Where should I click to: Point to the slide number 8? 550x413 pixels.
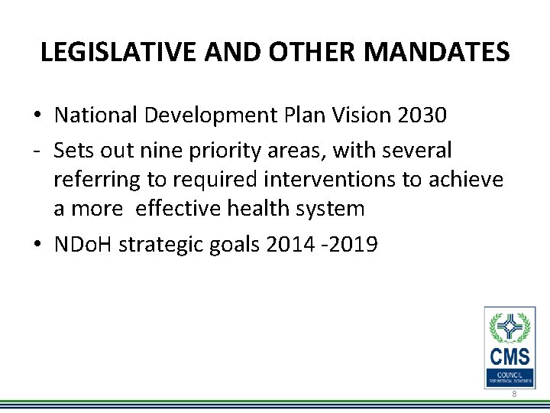point(514,394)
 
